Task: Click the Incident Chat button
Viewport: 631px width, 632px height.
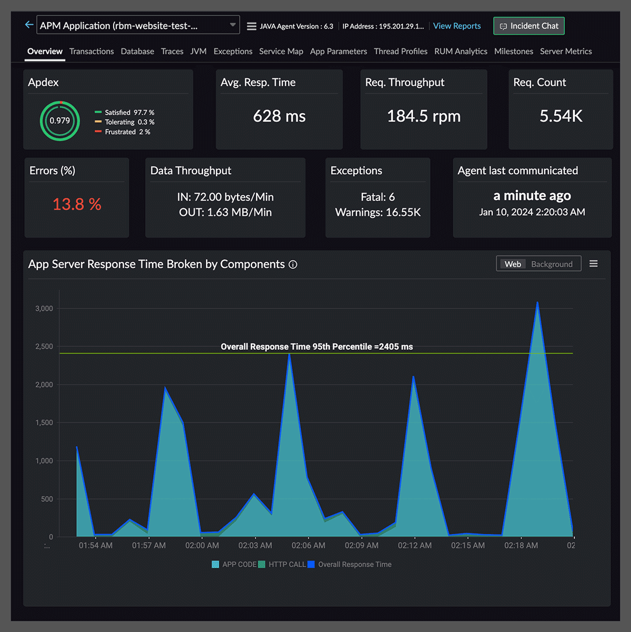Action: click(528, 26)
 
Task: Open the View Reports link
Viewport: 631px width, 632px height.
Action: click(456, 26)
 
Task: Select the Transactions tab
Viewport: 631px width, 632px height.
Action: click(91, 52)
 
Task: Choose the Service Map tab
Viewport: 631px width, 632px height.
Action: click(281, 52)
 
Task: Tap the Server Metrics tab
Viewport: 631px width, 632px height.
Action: click(566, 52)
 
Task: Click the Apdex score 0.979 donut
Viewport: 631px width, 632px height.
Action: click(60, 121)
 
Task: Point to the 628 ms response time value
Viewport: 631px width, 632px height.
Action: click(279, 116)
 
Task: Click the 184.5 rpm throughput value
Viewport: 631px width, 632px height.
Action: click(423, 116)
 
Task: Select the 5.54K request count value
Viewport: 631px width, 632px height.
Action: click(561, 116)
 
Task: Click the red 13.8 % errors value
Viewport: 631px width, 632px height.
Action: click(77, 204)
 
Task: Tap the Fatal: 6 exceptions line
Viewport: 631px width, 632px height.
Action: click(378, 197)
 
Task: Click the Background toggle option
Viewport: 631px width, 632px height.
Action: click(552, 264)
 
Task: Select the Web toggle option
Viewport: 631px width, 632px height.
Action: click(513, 264)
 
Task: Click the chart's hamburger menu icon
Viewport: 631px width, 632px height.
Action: click(594, 264)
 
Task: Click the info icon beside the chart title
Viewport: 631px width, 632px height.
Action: click(293, 265)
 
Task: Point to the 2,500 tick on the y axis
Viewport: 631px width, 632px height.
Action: click(44, 347)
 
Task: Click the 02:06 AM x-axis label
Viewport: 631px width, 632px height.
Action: click(308, 546)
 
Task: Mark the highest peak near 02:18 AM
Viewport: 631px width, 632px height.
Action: click(537, 303)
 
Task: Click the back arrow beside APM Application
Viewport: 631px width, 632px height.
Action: click(29, 25)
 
